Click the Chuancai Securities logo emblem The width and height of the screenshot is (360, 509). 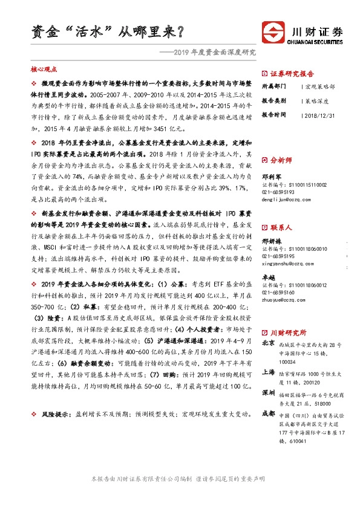tap(272, 31)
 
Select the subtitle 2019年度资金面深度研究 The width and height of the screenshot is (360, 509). tap(215, 52)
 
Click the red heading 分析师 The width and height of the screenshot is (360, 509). tap(281, 160)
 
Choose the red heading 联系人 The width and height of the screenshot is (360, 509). tap(281, 228)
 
